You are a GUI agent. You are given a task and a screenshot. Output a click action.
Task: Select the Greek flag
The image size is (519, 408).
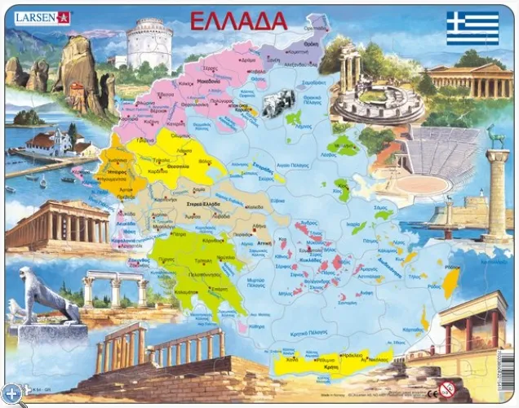472,28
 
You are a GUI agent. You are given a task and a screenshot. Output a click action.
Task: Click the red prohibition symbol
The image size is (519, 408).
445,388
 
